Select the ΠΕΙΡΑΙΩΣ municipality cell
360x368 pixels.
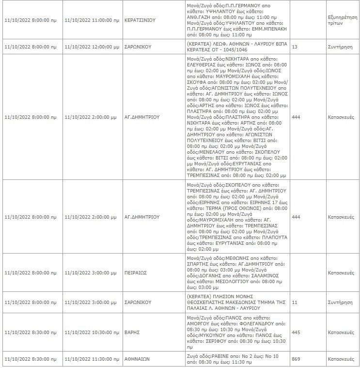pyautogui.click(x=136, y=273)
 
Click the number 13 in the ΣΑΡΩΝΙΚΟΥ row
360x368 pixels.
pyautogui.click(x=295, y=47)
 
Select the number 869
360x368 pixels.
pyautogui.click(x=297, y=359)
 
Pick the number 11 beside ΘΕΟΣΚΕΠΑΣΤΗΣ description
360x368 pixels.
pyautogui.click(x=294, y=302)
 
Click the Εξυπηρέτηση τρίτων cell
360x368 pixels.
pyautogui.click(x=343, y=19)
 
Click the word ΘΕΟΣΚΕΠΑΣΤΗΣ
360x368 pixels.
pyautogui.click(x=211, y=302)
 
